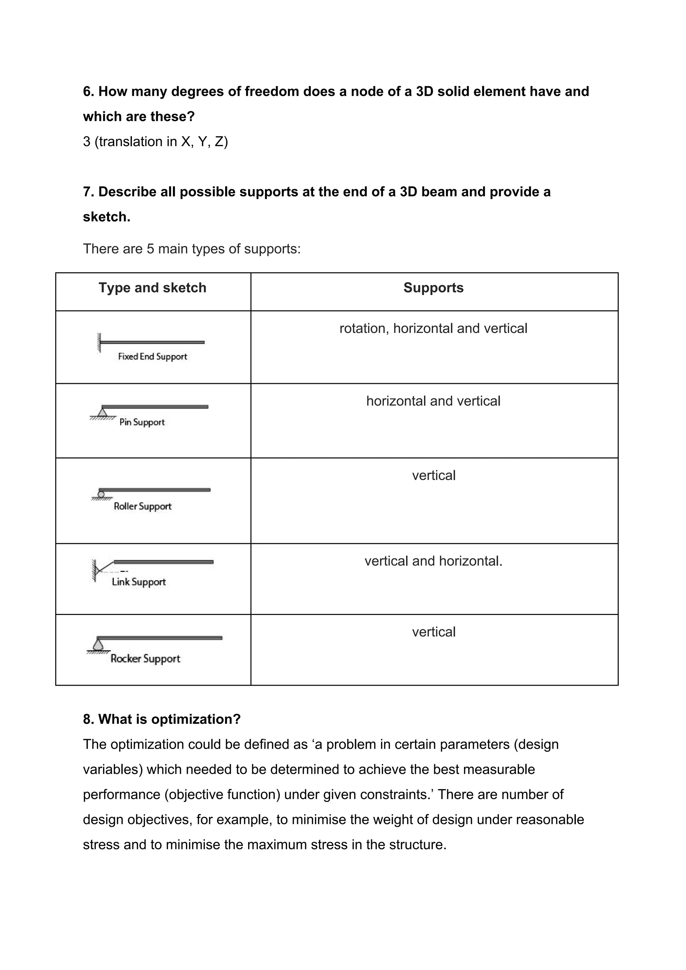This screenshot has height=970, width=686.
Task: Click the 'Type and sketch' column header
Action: pos(152,288)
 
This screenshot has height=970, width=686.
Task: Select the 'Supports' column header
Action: pos(433,288)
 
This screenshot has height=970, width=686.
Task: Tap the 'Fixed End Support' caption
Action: pos(152,356)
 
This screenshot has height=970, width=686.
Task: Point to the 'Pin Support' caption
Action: pos(142,422)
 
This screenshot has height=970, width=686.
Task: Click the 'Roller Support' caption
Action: pos(142,506)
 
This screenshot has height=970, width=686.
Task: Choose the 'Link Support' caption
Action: pos(139,582)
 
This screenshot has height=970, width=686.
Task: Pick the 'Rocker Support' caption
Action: pos(145,659)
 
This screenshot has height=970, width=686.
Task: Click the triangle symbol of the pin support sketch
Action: pos(102,412)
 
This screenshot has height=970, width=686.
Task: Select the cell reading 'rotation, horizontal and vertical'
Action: pos(433,329)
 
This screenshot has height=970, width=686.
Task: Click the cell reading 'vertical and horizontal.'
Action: pos(433,561)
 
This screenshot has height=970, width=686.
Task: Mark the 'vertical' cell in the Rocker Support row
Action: pos(433,632)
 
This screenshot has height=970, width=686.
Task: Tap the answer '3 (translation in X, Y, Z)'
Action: pos(155,141)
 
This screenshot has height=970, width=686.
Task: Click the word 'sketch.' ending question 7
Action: pos(107,217)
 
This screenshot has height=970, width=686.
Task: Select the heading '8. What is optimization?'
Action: pos(161,719)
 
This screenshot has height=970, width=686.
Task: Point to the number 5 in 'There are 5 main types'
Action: pos(150,249)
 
